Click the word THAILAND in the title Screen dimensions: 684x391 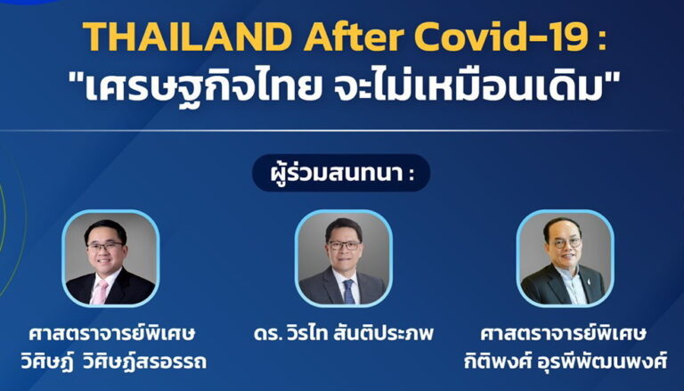187,37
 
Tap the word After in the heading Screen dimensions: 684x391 354,37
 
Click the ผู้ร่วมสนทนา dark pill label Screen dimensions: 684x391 341,174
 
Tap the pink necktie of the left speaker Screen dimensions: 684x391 100,292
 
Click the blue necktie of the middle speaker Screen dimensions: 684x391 348,292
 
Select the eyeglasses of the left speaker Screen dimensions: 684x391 105,246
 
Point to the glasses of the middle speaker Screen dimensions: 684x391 344,245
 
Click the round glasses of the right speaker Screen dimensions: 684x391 567,243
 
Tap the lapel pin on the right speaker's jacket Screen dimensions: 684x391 590,282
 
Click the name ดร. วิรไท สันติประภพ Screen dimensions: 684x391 344,334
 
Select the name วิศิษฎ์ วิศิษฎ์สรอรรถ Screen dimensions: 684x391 113,362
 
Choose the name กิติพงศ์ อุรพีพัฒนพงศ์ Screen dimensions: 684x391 566,362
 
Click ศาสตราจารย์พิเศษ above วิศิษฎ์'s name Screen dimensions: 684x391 112,334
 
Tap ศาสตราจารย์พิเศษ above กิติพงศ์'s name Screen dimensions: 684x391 563,334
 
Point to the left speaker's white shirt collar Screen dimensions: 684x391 106,278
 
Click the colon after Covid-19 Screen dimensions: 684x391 603,39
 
